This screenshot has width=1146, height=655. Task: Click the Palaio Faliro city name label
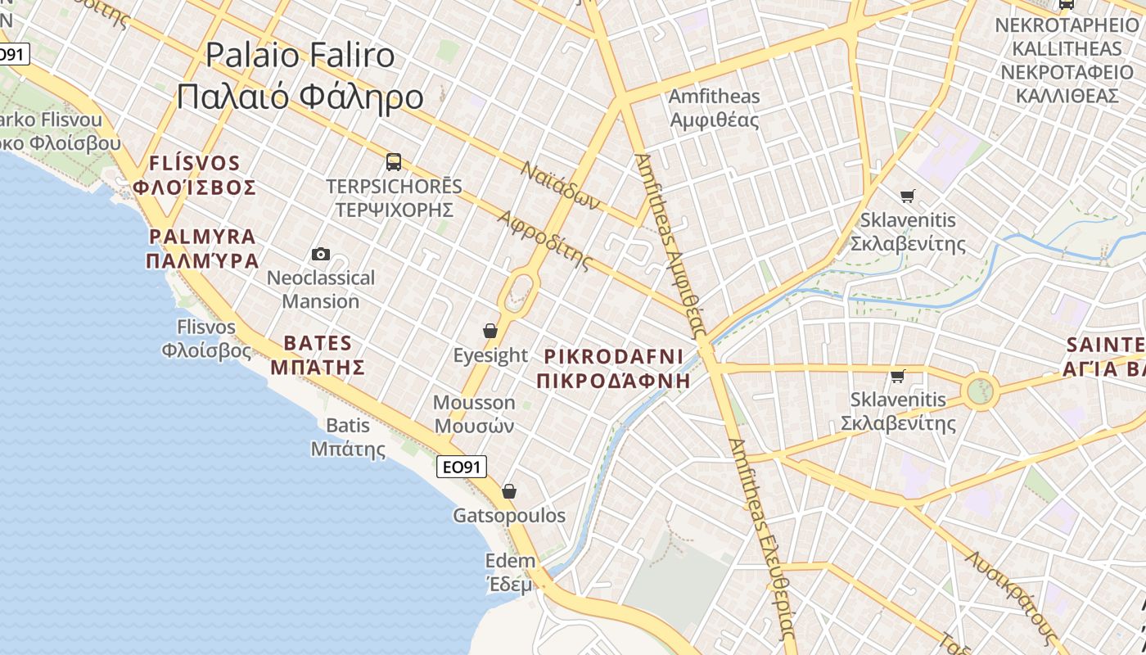(300, 75)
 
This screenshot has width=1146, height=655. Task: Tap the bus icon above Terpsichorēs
(394, 161)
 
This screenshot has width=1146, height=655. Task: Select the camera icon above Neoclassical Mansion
(321, 255)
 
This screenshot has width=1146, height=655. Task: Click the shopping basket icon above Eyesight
(490, 331)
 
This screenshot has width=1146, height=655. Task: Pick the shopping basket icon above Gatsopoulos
(509, 491)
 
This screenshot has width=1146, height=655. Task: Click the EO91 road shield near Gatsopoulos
(462, 467)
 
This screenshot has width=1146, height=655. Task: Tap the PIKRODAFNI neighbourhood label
(613, 368)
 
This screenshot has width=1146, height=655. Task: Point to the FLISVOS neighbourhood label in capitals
(195, 175)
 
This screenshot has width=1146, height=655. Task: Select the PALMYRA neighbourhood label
(202, 249)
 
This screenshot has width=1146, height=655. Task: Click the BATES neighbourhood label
(318, 355)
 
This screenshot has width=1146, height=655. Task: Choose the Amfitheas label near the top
(714, 108)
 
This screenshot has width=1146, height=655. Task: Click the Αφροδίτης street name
(544, 240)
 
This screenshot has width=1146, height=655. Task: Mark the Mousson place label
(474, 414)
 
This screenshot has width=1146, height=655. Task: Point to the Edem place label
(510, 572)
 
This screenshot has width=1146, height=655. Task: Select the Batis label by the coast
(348, 437)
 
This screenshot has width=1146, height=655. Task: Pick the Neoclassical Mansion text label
(321, 289)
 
